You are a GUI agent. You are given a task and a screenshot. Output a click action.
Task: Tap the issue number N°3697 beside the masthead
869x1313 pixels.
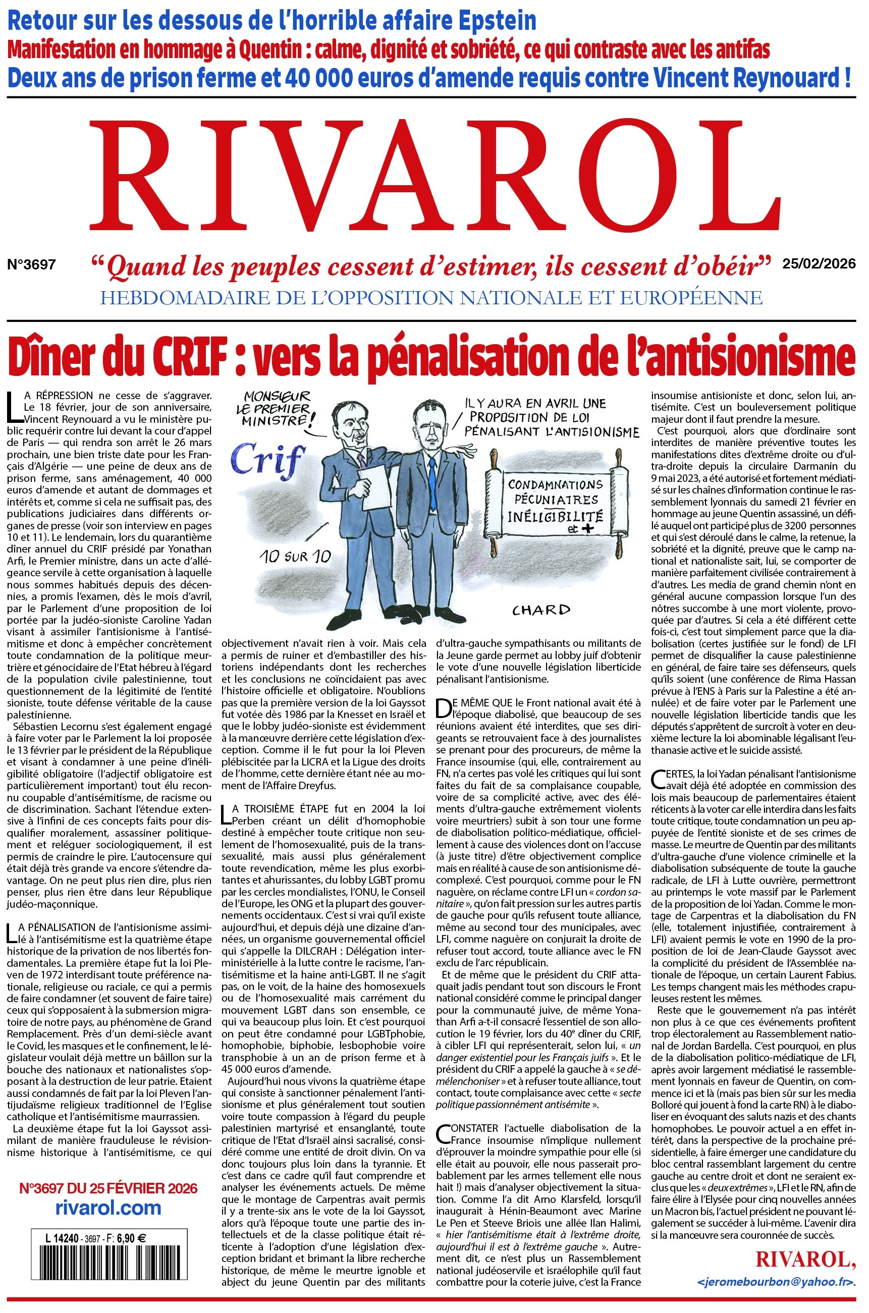[32, 264]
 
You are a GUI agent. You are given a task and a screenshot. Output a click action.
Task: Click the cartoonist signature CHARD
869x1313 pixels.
[540, 610]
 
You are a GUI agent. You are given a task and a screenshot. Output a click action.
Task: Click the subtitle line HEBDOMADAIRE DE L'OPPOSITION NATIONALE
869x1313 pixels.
[431, 298]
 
